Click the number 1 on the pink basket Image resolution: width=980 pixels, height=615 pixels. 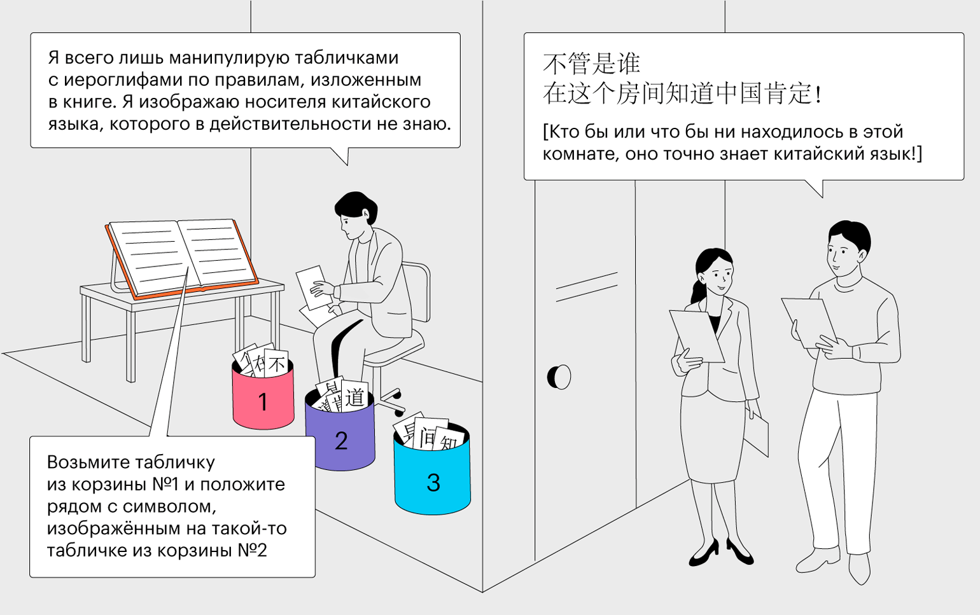263,402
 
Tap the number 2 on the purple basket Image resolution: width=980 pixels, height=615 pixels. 341,441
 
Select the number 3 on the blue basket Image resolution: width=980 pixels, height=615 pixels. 433,483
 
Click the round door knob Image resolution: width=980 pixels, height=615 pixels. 560,377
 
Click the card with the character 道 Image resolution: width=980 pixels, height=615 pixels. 354,397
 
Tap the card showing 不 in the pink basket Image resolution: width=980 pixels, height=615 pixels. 277,364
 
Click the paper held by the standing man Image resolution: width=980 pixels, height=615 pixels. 808,321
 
